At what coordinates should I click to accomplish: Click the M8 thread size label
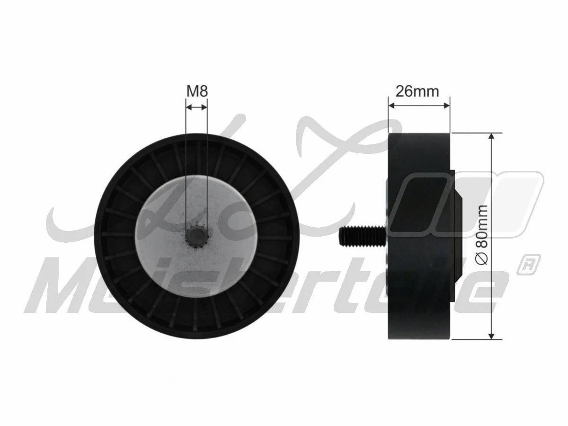click(x=196, y=91)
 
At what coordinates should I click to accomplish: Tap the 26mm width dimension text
click(x=417, y=91)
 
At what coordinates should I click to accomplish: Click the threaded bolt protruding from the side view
click(x=362, y=236)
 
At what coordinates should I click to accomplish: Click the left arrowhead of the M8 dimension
click(x=188, y=107)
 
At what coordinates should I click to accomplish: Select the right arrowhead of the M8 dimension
click(x=204, y=107)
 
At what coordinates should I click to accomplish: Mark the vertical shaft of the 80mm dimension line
click(x=492, y=189)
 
